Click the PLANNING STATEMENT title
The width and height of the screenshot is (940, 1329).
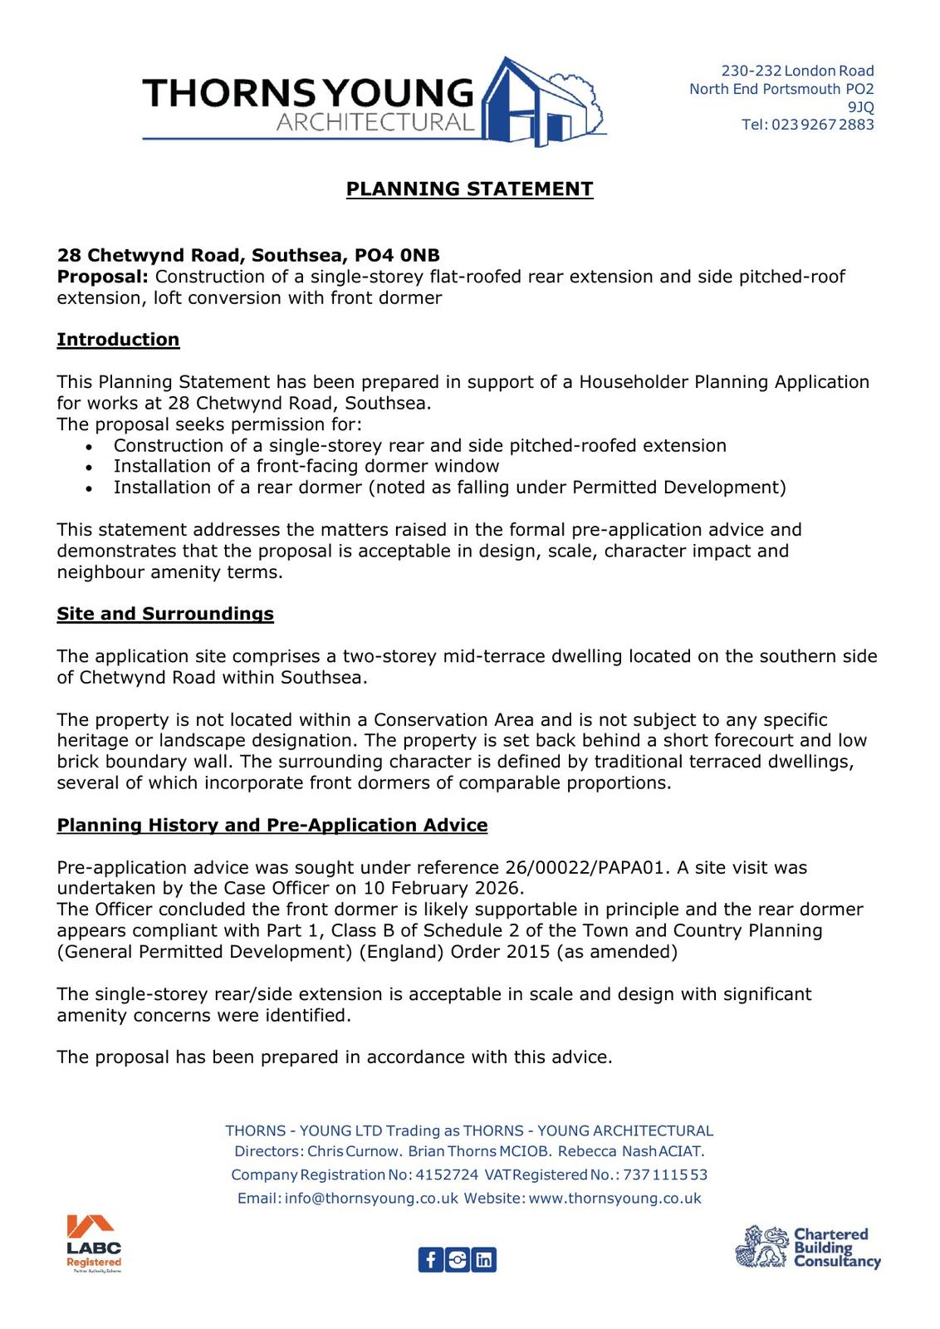pyautogui.click(x=469, y=189)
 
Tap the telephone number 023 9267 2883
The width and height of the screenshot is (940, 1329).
pyautogui.click(x=822, y=125)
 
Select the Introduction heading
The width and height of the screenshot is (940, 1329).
pyautogui.click(x=118, y=340)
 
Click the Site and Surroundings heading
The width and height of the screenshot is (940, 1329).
pyautogui.click(x=165, y=614)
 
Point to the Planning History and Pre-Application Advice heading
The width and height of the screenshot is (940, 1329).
pyautogui.click(x=272, y=825)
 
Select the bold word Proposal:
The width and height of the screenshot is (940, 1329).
pyautogui.click(x=102, y=277)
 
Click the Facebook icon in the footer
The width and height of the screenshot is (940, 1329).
pyautogui.click(x=430, y=1260)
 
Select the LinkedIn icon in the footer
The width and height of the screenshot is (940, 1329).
pyautogui.click(x=484, y=1260)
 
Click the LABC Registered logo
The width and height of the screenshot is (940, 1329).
pyautogui.click(x=94, y=1243)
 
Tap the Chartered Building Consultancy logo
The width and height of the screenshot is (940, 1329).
pyautogui.click(x=807, y=1248)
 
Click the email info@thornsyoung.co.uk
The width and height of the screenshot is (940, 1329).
pyautogui.click(x=371, y=1199)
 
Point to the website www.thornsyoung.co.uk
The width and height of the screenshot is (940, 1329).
pyautogui.click(x=614, y=1199)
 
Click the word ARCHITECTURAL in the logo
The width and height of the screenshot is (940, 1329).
pyautogui.click(x=375, y=123)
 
